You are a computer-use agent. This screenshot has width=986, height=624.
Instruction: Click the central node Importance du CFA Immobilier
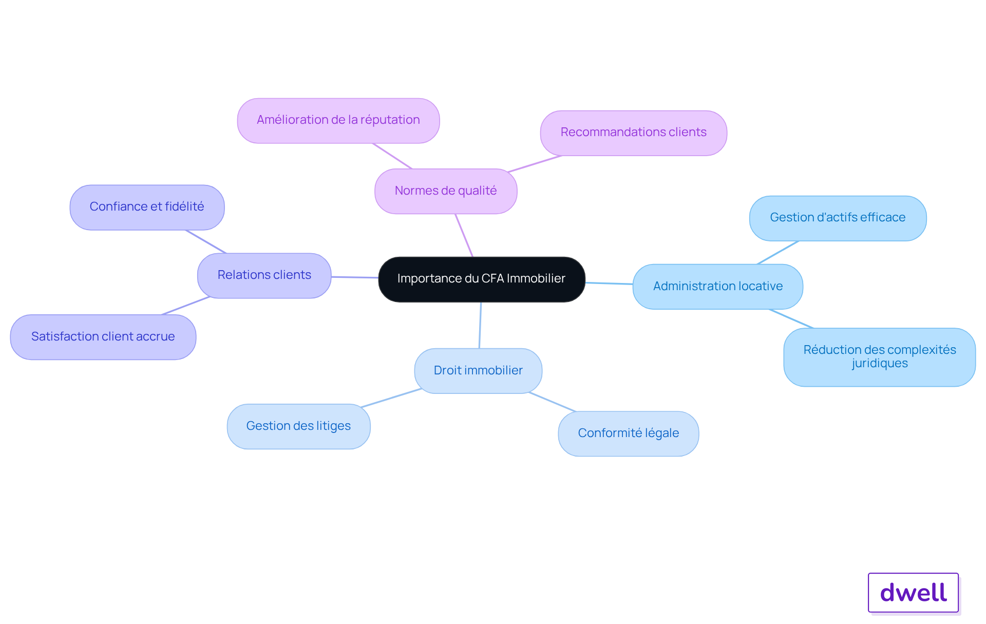(482, 279)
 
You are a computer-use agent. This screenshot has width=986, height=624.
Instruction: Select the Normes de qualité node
(446, 191)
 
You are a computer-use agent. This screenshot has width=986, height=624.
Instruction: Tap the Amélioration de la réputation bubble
(338, 121)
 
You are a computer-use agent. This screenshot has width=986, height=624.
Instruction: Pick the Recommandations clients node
(634, 133)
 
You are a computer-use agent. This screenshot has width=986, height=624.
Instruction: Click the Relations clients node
(264, 276)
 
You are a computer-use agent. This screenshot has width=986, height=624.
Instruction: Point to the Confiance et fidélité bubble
(147, 207)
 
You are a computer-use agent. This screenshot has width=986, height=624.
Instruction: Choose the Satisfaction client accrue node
(103, 337)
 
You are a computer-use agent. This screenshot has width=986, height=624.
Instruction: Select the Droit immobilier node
(478, 371)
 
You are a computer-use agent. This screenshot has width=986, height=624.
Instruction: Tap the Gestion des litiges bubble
(298, 426)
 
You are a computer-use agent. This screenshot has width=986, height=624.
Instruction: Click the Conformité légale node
(629, 433)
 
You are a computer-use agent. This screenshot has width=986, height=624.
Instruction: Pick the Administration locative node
(718, 287)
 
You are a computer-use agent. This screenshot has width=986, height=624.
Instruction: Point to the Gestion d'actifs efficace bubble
(838, 218)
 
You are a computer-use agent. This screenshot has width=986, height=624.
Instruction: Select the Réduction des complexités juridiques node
(880, 357)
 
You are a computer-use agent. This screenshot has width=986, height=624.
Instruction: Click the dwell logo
(914, 593)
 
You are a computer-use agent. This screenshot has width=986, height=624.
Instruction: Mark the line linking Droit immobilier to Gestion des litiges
(391, 398)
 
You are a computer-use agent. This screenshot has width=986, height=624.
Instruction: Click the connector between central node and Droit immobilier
(480, 325)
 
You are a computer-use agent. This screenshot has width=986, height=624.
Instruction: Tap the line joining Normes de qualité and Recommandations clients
(535, 164)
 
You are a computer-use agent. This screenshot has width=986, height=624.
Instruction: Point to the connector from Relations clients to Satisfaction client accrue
(186, 306)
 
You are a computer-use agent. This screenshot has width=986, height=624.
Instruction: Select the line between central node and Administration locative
(609, 283)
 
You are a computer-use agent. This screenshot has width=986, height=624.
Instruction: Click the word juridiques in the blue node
(880, 364)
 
